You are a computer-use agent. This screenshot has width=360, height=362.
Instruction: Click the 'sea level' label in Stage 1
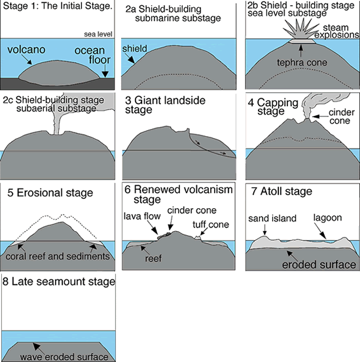[x=98, y=35]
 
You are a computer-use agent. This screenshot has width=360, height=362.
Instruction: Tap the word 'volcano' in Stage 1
[x=26, y=50]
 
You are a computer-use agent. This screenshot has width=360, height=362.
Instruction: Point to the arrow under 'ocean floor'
[x=105, y=71]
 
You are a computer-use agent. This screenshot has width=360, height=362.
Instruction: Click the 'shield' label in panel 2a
[x=135, y=48]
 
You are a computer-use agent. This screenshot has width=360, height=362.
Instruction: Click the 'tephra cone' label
[x=302, y=62]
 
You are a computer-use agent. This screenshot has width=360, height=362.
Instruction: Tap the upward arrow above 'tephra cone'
[x=300, y=51]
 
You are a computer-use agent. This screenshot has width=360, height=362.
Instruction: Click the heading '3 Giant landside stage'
[x=166, y=105]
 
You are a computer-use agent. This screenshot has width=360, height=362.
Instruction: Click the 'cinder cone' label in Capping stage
[x=341, y=117]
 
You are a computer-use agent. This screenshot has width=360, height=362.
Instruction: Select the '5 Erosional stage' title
[x=50, y=192]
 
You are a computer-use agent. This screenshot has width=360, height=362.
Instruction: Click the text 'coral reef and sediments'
[x=58, y=256]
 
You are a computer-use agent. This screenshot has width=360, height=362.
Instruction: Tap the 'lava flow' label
[x=142, y=216]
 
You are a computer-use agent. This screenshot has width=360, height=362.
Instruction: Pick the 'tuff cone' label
[x=211, y=225]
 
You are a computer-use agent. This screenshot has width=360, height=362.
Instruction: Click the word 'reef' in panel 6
[x=153, y=259]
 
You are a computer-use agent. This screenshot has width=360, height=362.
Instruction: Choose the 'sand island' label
[x=272, y=219]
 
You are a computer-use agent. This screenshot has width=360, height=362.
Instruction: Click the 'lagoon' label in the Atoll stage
[x=327, y=218]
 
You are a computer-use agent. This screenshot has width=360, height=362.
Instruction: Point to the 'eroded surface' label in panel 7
[x=319, y=264]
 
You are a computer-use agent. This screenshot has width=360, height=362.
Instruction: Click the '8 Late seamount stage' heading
[x=59, y=281]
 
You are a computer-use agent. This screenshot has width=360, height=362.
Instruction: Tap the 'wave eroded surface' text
[x=64, y=357]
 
